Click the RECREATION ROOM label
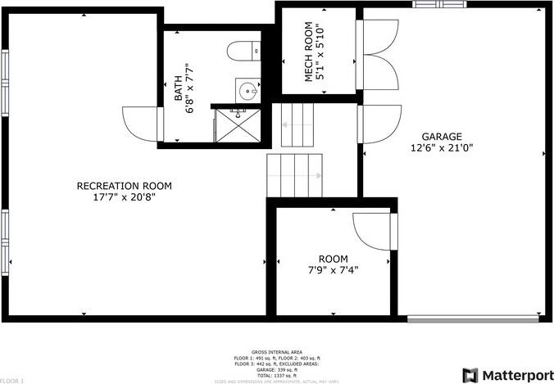click(x=124, y=186)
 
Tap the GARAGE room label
click(x=442, y=137)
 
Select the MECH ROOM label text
click(x=310, y=51)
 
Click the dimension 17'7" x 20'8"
click(x=124, y=197)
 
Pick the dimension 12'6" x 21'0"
click(x=442, y=148)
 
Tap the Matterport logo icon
click(x=471, y=374)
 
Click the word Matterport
click(x=516, y=374)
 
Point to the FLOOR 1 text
click(x=12, y=381)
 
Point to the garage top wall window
click(x=438, y=3)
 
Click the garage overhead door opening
click(x=475, y=318)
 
